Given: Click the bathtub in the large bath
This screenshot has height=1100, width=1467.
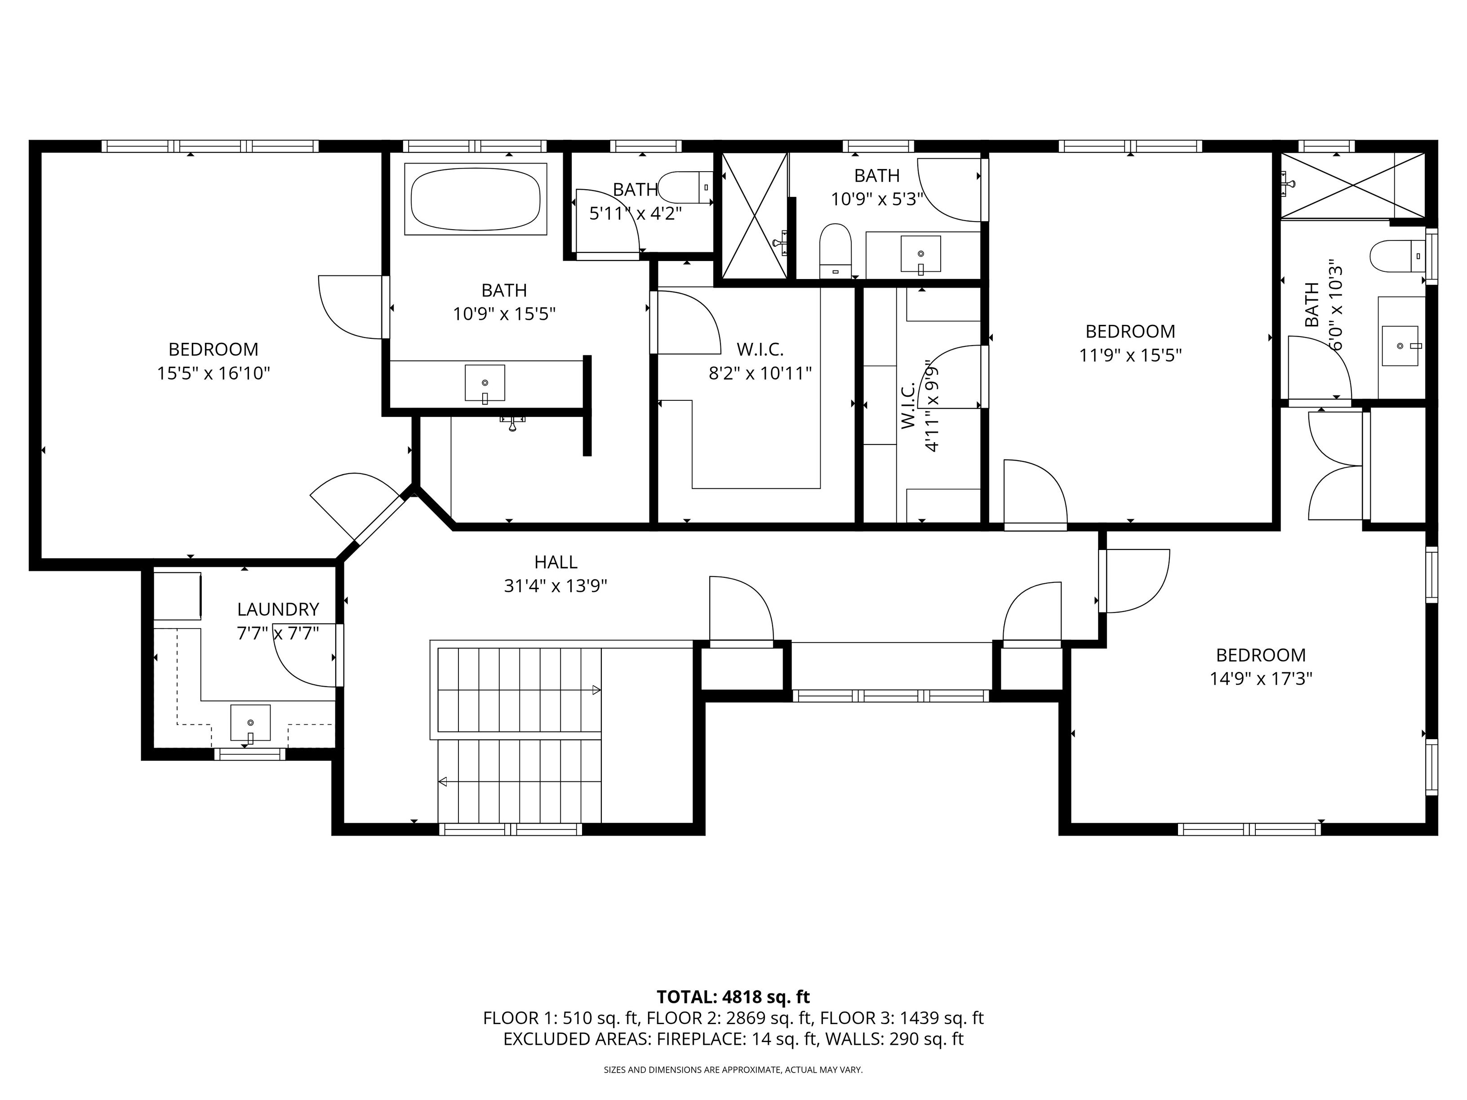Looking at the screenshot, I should point(475,199).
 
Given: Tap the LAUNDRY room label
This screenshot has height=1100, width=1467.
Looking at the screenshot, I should point(278,609).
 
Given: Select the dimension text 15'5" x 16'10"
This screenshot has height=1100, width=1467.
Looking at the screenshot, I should point(213,373).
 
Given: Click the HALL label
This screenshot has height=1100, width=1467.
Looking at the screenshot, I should point(556,562).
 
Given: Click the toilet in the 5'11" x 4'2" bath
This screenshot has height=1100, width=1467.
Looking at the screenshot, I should point(686,187).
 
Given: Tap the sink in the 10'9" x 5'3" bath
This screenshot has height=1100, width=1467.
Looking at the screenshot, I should point(920,253).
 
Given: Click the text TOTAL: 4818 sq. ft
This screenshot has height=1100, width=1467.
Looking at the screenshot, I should point(733,997).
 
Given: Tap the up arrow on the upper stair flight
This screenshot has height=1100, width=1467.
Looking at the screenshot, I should point(596,690).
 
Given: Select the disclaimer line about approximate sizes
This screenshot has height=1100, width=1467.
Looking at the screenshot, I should point(733,1069).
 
